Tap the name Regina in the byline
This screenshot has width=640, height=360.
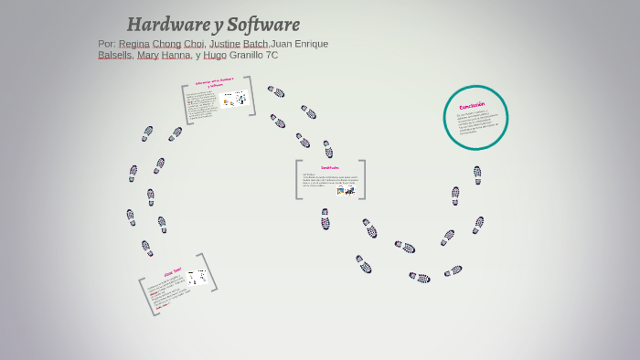pyautogui.click(x=134, y=44)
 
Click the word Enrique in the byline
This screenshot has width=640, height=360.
pyautogui.click(x=310, y=44)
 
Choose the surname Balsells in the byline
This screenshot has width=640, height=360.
pyautogui.click(x=114, y=55)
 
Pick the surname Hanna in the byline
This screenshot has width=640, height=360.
pyautogui.click(x=176, y=55)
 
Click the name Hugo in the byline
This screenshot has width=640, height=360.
pyautogui.click(x=214, y=55)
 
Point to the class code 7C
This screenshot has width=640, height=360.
pyautogui.click(x=271, y=55)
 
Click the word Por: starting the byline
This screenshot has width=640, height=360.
pyautogui.click(x=107, y=44)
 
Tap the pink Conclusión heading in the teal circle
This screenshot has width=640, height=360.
pyautogui.click(x=473, y=106)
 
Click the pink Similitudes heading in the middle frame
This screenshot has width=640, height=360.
pyautogui.click(x=330, y=168)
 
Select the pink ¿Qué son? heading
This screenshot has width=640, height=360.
pyautogui.click(x=173, y=271)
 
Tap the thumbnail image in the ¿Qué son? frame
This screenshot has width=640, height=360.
pyautogui.click(x=196, y=278)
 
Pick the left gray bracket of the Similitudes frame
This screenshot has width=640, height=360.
pyautogui.click(x=298, y=179)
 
